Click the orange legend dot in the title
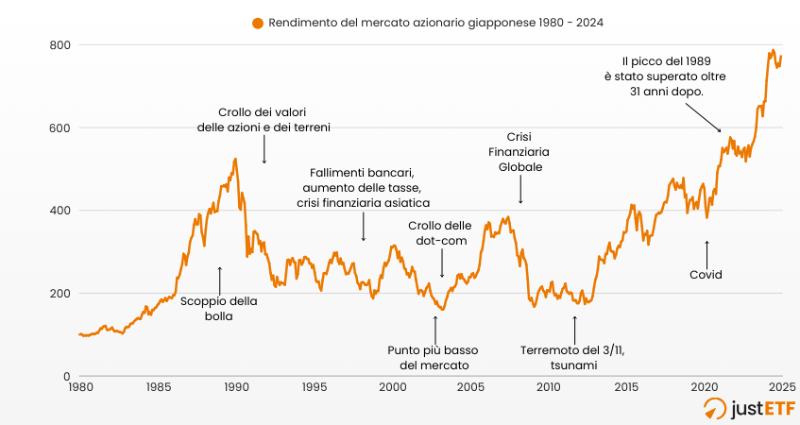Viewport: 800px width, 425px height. point(257,23)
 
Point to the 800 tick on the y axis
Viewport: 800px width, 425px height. point(60,44)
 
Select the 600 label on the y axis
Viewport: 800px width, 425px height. point(60,127)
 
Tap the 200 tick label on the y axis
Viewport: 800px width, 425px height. point(60,293)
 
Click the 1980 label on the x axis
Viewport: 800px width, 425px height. point(79,386)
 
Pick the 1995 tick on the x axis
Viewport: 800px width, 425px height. point(315,386)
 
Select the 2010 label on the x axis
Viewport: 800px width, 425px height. point(548,386)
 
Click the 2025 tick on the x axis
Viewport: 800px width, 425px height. point(781,386)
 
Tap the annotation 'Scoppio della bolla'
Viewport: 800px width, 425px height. point(218,309)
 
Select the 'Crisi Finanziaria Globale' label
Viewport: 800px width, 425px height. point(519,151)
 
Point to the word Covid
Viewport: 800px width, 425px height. point(706,275)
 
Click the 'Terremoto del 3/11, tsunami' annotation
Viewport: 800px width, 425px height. point(573,357)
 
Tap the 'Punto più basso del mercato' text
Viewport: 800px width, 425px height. point(434,357)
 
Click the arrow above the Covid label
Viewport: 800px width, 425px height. point(706,251)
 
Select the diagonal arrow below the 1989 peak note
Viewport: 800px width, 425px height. point(704,117)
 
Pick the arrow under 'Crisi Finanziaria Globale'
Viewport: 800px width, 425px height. point(520,193)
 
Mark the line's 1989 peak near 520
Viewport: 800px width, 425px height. point(234,159)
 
